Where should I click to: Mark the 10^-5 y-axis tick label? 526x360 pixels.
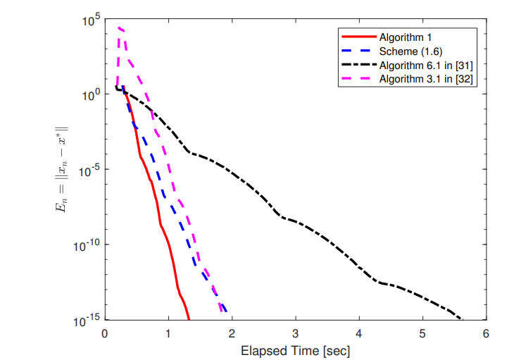tap(88, 169)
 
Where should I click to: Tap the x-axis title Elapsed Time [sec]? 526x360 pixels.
tap(295, 349)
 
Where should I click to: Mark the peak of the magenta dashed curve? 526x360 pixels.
tap(120, 27)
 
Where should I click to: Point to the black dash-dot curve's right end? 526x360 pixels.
tap(461, 319)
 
